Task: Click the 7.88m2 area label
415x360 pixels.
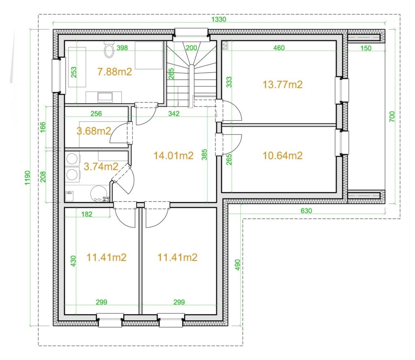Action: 114,72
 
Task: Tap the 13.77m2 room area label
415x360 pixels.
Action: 282,85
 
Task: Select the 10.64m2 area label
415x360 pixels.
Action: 282,156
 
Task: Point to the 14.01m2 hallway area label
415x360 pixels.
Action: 173,156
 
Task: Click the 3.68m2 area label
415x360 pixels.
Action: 94,131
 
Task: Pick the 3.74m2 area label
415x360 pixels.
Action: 101,166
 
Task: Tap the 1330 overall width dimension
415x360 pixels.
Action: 219,19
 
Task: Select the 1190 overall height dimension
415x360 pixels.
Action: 28,178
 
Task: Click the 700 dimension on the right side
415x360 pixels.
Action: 392,117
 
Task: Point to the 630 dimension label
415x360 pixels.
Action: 306,211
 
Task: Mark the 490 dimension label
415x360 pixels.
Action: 237,265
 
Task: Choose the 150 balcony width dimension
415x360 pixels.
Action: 366,48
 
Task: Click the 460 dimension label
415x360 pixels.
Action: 279,48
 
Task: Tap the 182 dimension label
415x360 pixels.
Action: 87,214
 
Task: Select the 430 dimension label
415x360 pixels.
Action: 73,261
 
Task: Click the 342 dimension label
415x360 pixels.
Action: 173,113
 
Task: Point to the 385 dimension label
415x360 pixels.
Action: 204,155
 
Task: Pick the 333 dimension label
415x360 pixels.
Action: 229,82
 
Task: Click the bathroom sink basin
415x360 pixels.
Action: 105,97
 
